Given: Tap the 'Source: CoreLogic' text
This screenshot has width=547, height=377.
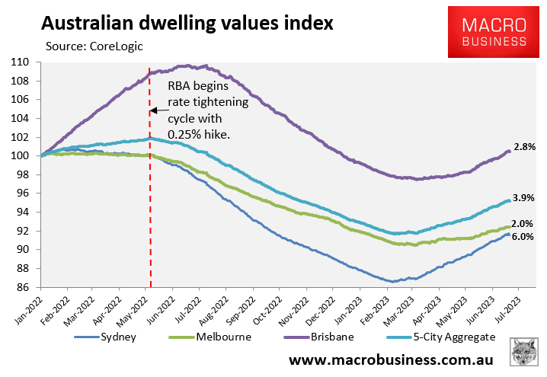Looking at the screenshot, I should pos(94,46).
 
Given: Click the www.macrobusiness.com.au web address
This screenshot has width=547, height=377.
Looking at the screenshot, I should pos(391,359).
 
